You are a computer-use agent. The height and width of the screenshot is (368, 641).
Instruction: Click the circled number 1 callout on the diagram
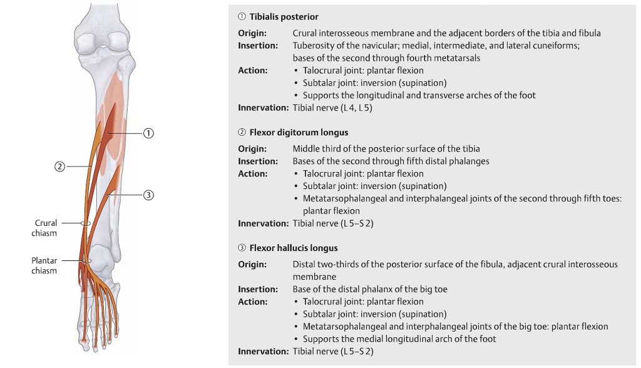point(148,133)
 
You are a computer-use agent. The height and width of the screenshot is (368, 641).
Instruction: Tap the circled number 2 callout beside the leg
point(59,166)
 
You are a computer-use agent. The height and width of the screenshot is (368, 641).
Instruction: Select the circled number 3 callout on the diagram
point(148,195)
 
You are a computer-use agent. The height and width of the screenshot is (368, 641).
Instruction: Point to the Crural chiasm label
point(46,228)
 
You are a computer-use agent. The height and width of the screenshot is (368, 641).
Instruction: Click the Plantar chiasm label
point(44,265)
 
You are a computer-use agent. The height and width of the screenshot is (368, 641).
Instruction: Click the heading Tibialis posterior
point(284,17)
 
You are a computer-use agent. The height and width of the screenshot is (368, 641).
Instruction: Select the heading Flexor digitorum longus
point(299,133)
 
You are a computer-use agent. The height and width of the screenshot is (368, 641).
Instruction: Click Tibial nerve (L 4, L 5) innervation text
point(333,108)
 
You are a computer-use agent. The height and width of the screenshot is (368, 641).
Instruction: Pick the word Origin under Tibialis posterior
point(252,33)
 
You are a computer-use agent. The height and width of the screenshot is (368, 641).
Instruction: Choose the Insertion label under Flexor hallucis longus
point(258,289)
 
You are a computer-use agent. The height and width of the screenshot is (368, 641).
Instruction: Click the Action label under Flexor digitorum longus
point(252,173)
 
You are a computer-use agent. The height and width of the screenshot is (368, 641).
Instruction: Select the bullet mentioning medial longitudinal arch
point(399,339)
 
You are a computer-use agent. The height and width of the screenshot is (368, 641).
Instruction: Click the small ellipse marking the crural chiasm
point(86,223)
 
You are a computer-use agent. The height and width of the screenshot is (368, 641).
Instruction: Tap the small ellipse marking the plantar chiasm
point(86,260)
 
